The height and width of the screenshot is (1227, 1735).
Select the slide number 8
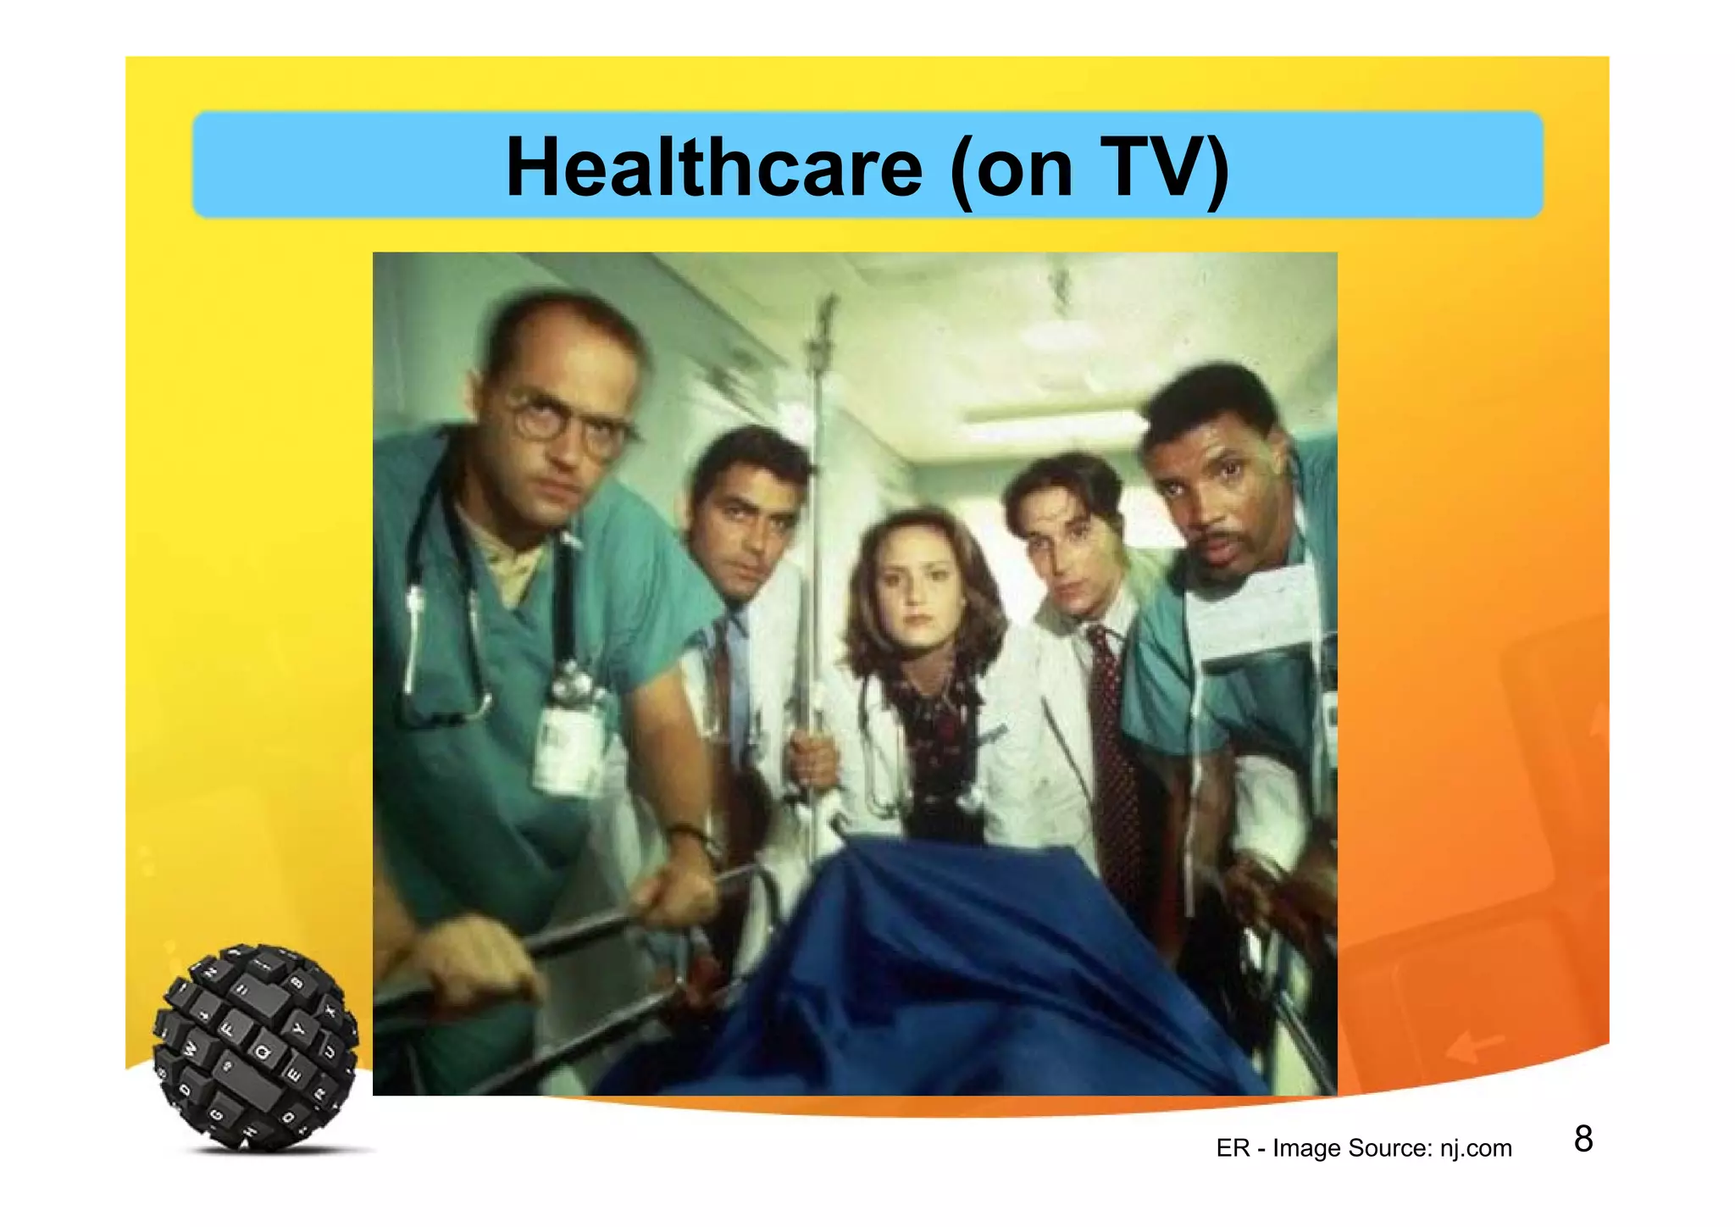click(1583, 1139)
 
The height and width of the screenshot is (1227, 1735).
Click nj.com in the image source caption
click(1475, 1148)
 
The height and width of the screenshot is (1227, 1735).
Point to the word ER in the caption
click(1233, 1148)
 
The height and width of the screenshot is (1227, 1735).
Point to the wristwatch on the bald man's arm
click(688, 834)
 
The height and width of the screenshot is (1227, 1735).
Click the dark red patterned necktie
click(1112, 746)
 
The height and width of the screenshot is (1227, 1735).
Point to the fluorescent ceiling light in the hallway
click(1050, 416)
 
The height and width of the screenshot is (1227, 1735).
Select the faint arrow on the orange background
click(1475, 1047)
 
